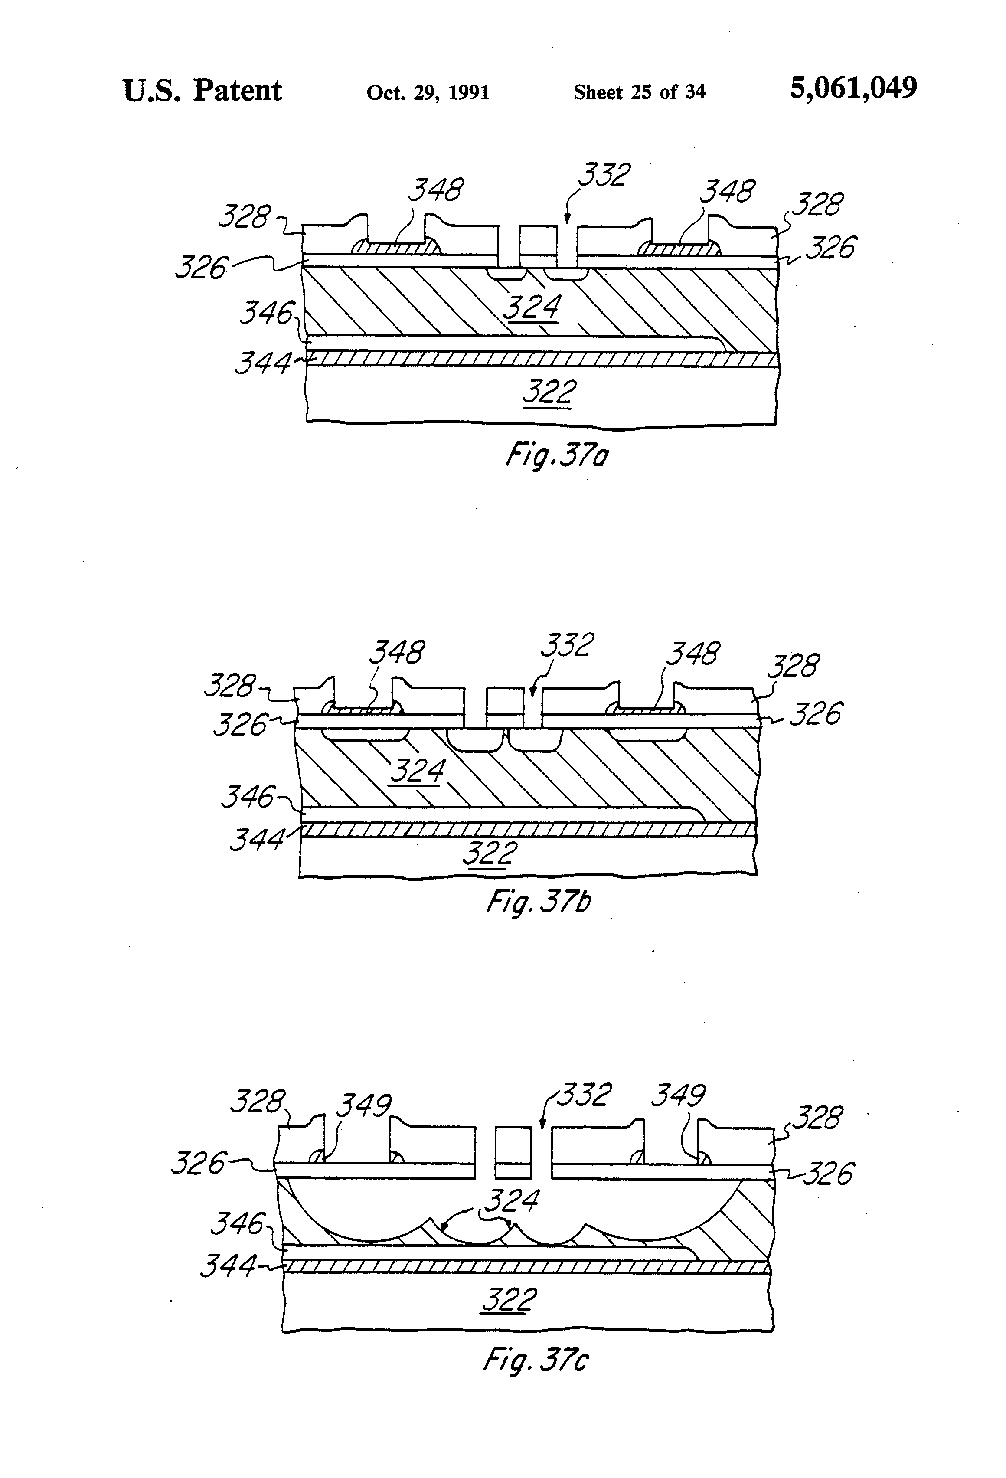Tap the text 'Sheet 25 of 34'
[x=639, y=92]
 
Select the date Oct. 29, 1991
[x=428, y=93]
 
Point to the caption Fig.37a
[x=556, y=455]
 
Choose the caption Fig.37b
[x=538, y=901]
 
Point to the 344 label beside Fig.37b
[x=256, y=840]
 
